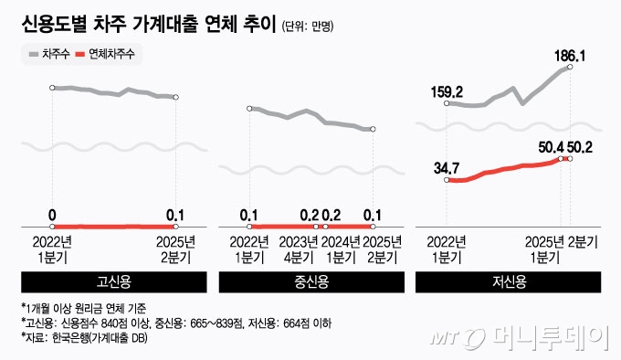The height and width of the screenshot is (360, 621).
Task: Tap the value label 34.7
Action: [x=447, y=168]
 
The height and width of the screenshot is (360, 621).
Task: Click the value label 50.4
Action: [x=552, y=146]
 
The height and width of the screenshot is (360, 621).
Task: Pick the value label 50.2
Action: [x=584, y=146]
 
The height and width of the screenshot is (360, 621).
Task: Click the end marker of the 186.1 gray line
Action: [x=571, y=67]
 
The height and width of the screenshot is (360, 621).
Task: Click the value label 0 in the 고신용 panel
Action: [x=52, y=214]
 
